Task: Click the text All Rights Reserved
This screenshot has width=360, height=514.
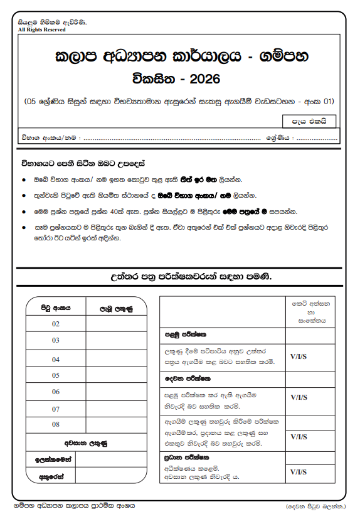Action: pos(42,29)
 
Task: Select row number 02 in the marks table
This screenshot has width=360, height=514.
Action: pos(56,324)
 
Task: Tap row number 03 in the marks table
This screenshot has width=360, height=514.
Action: pos(56,341)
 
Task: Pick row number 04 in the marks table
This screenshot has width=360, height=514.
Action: pos(56,360)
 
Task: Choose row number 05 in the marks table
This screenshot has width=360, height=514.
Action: pos(56,375)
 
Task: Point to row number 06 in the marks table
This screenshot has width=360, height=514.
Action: pos(56,392)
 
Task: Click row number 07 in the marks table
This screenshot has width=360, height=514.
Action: pos(56,409)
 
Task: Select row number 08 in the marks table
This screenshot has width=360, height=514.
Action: pos(56,425)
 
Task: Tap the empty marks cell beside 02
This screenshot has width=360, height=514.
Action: pos(116,324)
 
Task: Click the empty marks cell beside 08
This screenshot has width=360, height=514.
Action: pos(116,425)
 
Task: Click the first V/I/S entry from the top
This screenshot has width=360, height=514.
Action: pos(299,356)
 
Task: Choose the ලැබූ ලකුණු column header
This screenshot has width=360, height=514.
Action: pos(116,308)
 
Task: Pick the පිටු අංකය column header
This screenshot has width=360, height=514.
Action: pos(56,308)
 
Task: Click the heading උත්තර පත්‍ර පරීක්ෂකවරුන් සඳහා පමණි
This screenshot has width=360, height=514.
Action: pos(183,277)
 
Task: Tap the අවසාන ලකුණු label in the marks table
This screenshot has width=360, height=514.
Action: pos(86,443)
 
